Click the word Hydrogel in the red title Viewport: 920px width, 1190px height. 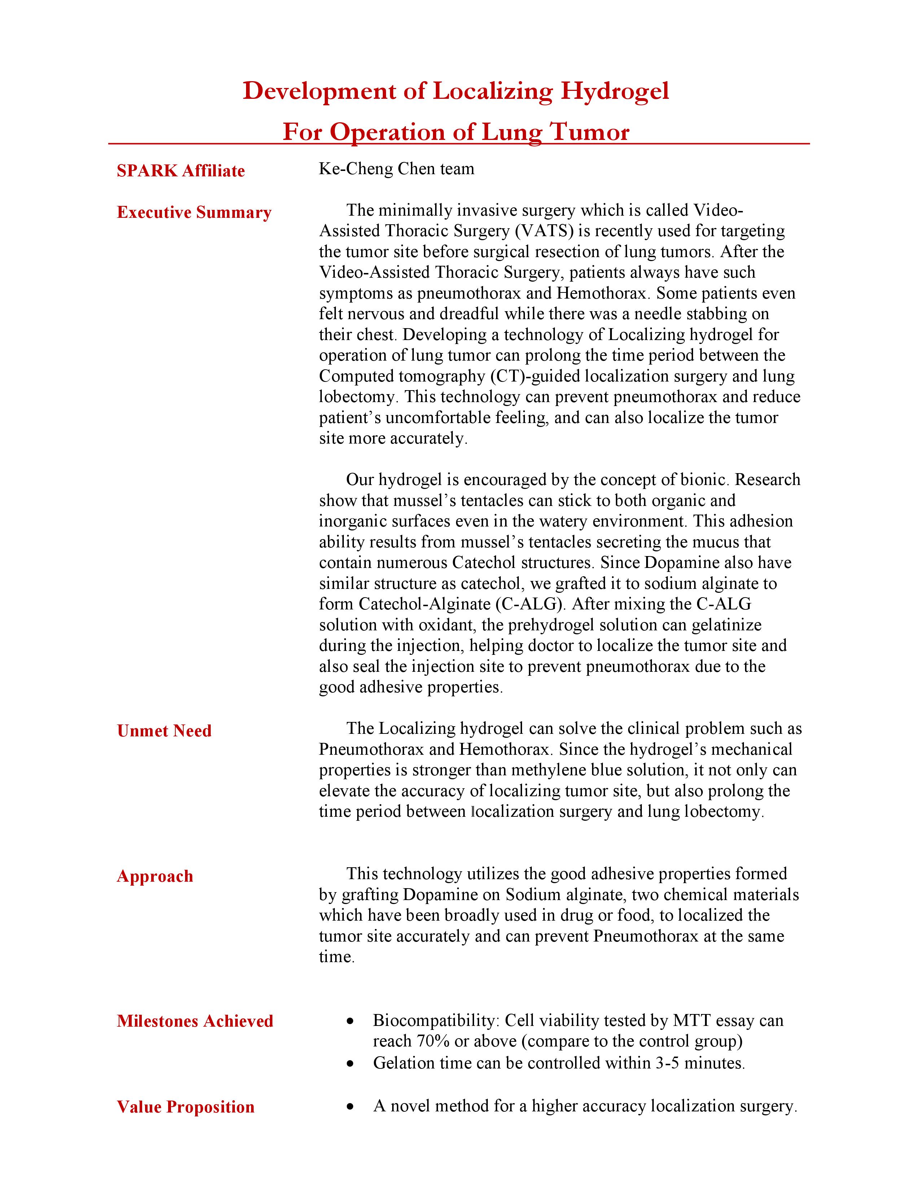(x=614, y=91)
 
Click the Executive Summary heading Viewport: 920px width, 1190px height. (x=194, y=212)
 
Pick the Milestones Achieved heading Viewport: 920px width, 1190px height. (x=194, y=1021)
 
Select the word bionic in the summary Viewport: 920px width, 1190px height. (x=703, y=480)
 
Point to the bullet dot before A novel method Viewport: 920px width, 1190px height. (x=350, y=1107)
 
